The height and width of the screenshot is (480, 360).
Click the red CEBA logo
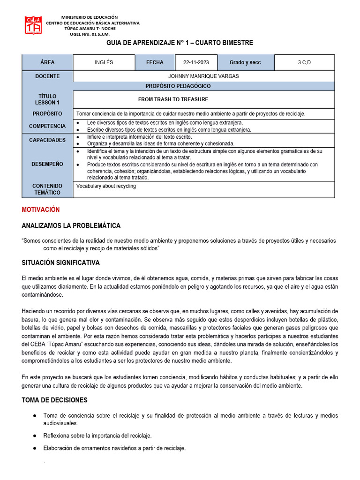(33, 26)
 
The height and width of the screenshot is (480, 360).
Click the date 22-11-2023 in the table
(196, 62)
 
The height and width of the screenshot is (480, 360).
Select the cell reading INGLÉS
(104, 62)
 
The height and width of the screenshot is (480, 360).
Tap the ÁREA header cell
(47, 62)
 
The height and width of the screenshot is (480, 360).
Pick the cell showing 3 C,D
(304, 62)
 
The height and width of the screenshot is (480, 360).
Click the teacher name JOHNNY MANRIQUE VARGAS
(203, 76)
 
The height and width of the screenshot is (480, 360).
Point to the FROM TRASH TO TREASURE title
(173, 99)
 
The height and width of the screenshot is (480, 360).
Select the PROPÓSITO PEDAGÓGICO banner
(178, 86)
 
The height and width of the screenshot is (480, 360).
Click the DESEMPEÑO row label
(47, 164)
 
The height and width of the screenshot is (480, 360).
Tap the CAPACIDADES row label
(47, 140)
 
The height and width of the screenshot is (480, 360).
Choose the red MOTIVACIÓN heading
(41, 210)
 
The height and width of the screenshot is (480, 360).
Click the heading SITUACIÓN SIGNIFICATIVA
(60, 262)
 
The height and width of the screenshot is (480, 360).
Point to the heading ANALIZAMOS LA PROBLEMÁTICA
(71, 225)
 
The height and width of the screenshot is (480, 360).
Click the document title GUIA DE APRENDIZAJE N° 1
(180, 43)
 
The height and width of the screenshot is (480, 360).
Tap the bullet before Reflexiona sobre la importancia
(35, 435)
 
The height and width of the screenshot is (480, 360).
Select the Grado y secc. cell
(246, 62)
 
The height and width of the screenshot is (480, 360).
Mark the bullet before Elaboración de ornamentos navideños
(35, 448)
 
